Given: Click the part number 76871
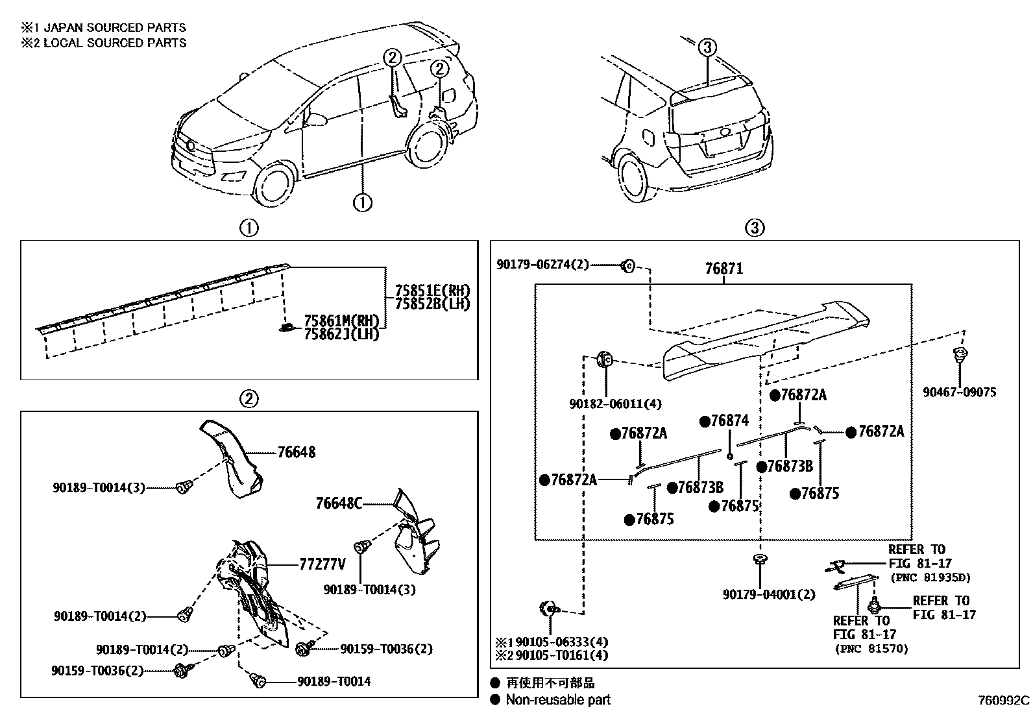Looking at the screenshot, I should [x=723, y=269].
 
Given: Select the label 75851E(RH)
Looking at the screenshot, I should [x=432, y=291].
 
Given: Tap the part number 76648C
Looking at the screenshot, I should [x=339, y=503].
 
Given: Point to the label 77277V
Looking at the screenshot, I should [x=322, y=564].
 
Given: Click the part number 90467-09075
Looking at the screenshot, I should [x=960, y=392].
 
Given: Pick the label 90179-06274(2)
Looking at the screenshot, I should [x=542, y=265].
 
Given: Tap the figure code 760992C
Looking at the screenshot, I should [x=1004, y=701].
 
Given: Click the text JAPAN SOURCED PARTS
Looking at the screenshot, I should [x=115, y=28].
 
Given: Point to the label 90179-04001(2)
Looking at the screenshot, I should [x=769, y=594].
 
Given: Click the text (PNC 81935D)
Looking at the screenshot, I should [x=929, y=577].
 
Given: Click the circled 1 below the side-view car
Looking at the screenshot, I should [x=362, y=202].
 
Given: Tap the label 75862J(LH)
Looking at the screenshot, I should [x=341, y=335].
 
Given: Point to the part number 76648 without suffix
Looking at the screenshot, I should [x=297, y=452].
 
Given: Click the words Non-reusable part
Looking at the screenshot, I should [x=558, y=699].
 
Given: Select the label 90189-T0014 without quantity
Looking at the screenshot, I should [x=334, y=681].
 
